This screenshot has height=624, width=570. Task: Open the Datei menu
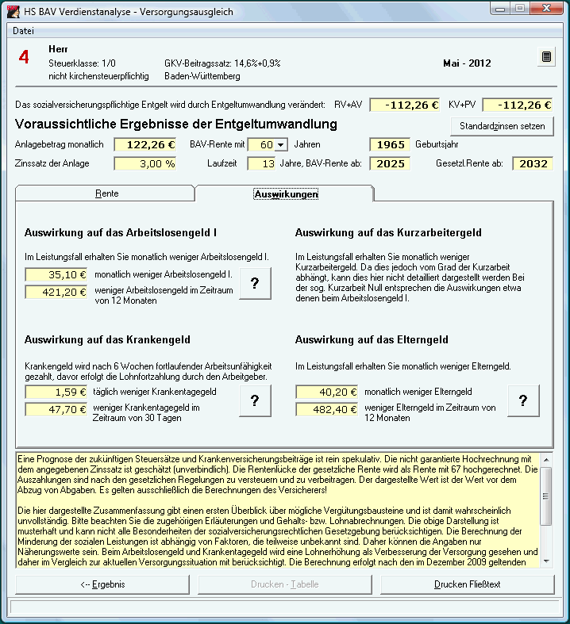24,30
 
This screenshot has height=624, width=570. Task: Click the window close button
545,9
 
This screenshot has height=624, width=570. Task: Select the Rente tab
106,193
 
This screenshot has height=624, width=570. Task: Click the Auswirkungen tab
286,193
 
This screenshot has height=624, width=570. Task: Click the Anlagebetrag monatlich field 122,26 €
145,145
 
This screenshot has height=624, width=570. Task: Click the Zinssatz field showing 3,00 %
145,164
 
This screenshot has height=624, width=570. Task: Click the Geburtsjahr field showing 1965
389,145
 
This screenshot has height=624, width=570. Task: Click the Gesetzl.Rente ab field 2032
533,164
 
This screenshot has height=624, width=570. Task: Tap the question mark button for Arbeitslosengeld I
254,284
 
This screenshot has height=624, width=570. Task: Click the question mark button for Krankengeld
254,401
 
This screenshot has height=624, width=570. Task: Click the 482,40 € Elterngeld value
326,410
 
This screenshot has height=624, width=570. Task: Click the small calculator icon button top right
546,57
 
